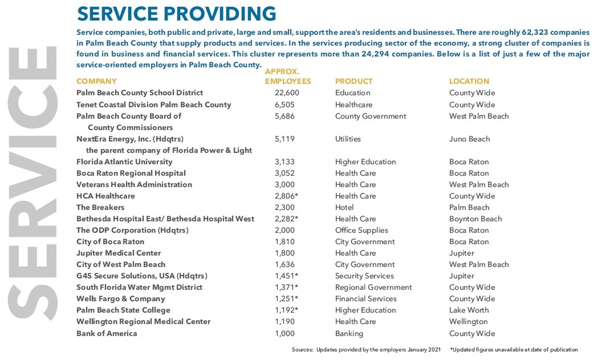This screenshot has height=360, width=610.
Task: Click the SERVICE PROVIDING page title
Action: tap(176, 13)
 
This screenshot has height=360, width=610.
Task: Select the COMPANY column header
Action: tap(96, 81)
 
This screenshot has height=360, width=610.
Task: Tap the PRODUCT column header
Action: tap(353, 81)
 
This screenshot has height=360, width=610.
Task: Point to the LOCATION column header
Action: tap(469, 81)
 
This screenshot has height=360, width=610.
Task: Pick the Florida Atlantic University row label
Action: tap(124, 161)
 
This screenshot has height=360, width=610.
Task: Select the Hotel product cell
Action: tap(344, 207)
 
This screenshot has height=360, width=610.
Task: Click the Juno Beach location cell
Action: tap(469, 139)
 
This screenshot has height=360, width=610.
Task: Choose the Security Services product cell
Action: tap(364, 276)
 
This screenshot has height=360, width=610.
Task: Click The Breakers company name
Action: tap(100, 207)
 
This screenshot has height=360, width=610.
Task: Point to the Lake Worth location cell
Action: tap(469, 310)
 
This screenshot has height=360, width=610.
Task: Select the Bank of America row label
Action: tap(107, 333)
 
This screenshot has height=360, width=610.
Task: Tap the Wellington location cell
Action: tap(468, 321)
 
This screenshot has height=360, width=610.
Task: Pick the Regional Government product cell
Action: tap(373, 287)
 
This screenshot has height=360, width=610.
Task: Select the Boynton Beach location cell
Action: tap(475, 219)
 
